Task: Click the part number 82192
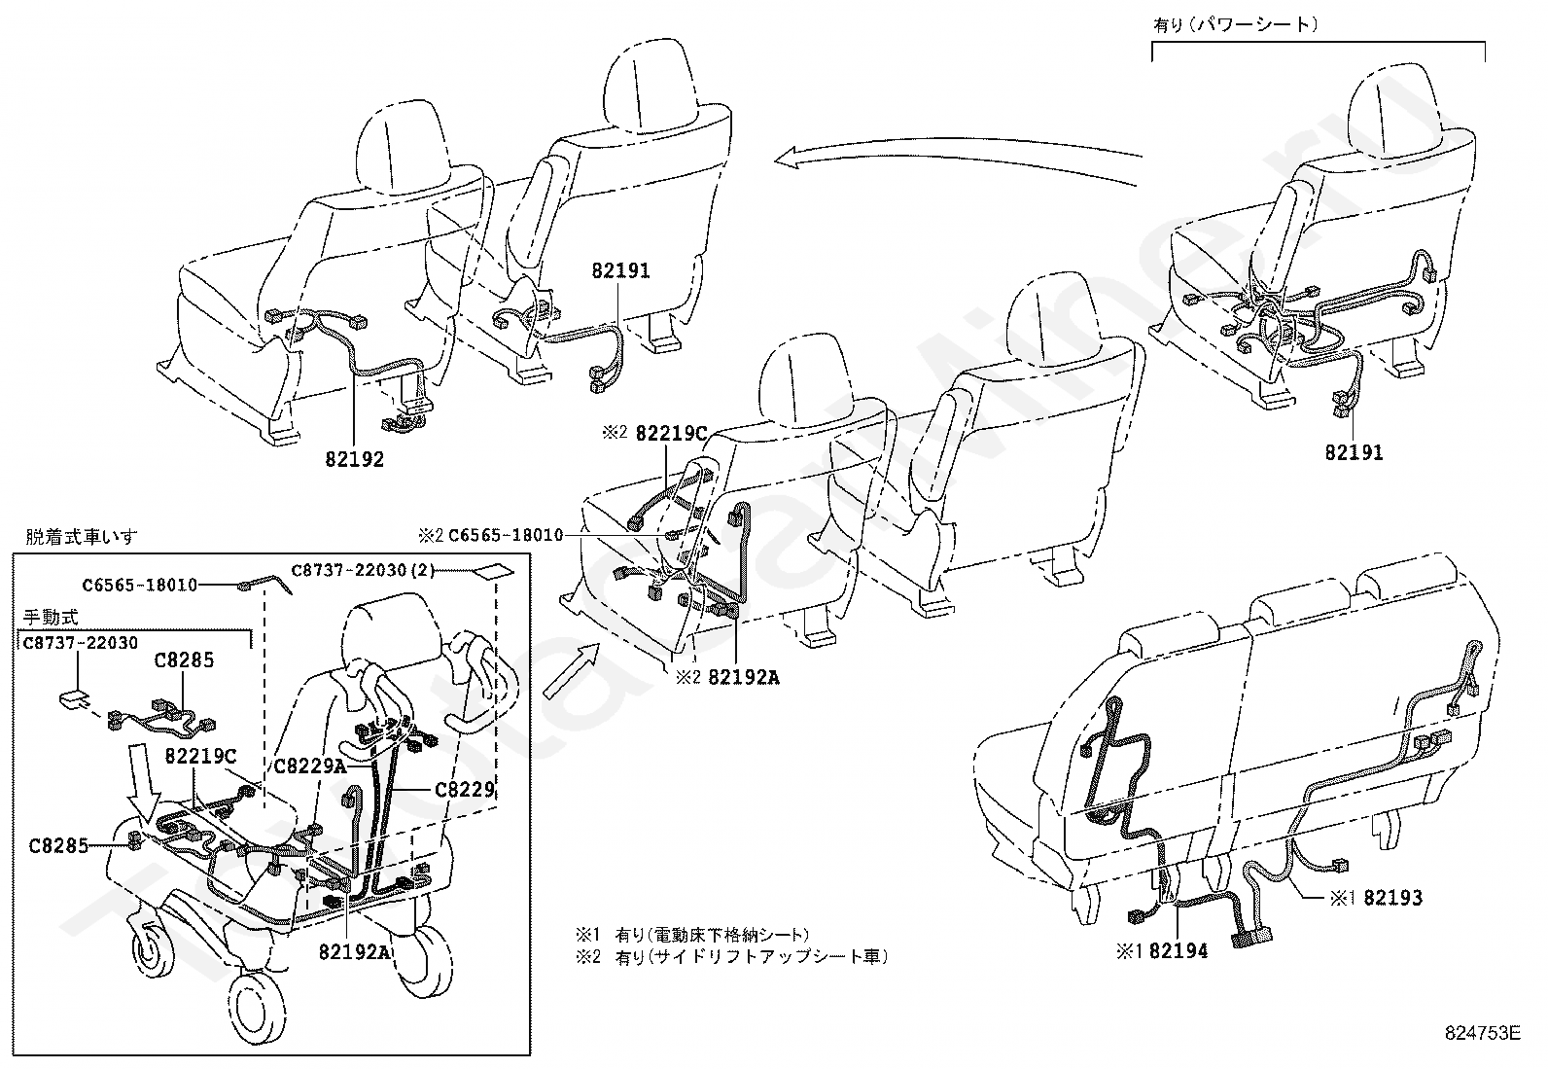point(355,459)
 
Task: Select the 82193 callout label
point(1392,898)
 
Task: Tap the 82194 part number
point(1179,952)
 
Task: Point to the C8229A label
point(310,766)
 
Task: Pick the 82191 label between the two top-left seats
point(620,271)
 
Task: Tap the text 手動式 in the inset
point(50,617)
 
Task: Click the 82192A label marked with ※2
point(743,678)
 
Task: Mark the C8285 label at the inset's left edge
point(57,845)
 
